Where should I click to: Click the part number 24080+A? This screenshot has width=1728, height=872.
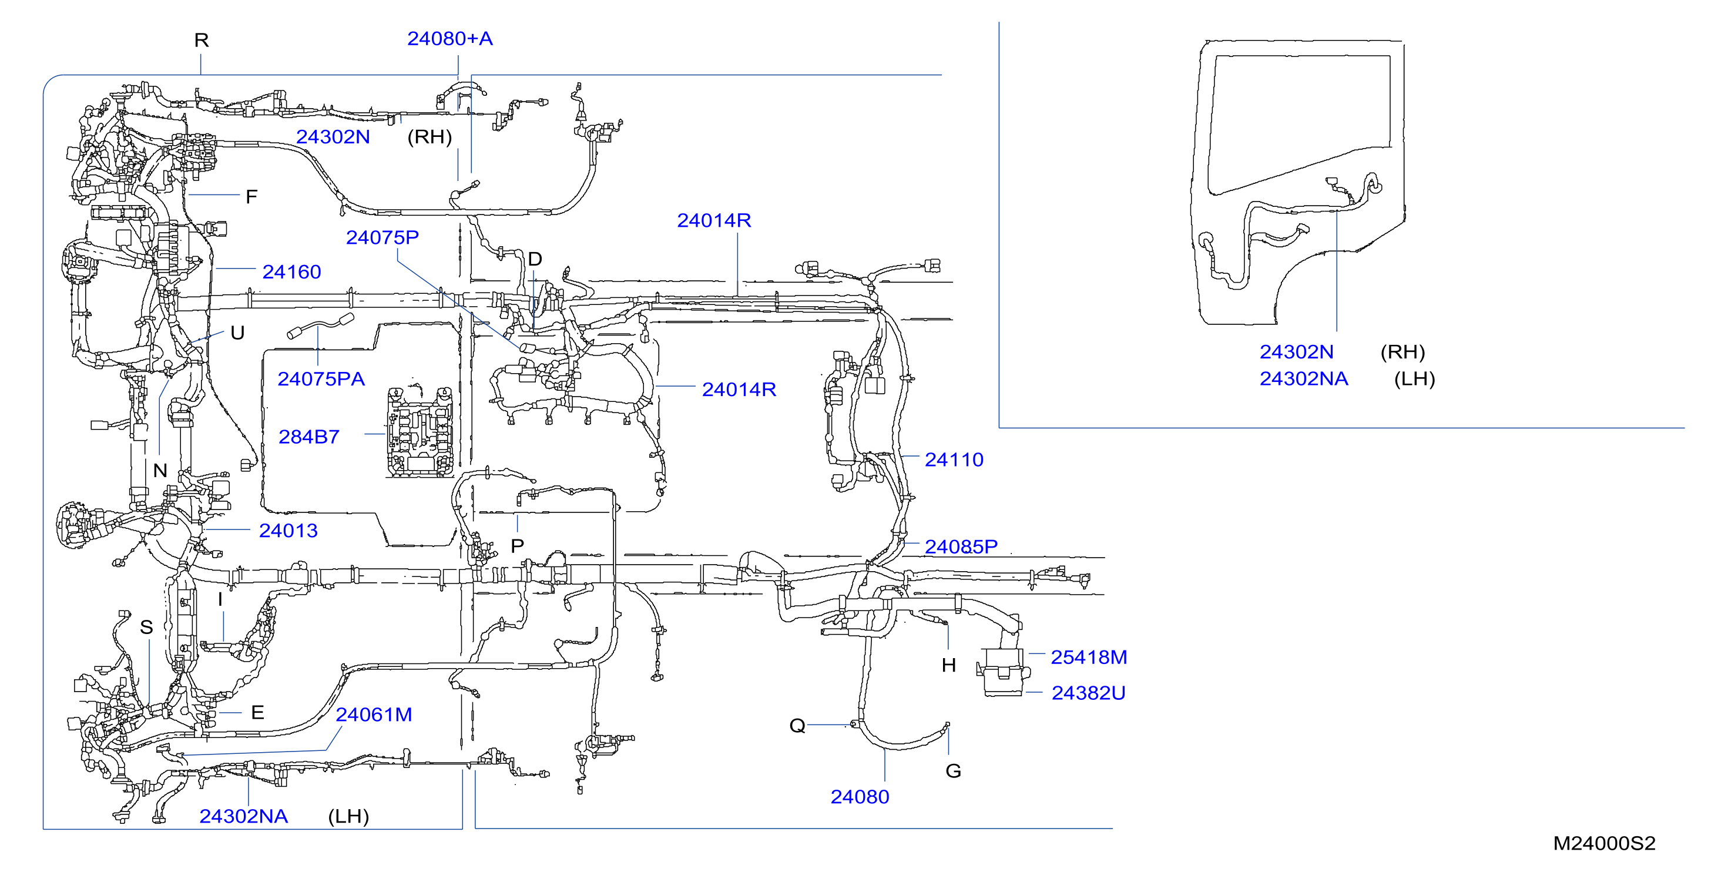coord(450,39)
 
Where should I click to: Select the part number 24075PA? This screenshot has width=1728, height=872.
coord(321,379)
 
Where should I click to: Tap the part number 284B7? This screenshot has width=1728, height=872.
coord(309,437)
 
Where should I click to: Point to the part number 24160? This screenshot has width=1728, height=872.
coord(292,271)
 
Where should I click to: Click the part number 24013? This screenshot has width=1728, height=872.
coord(288,531)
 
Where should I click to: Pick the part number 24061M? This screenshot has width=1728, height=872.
coord(374,715)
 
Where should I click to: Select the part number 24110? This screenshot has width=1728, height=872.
coord(954,460)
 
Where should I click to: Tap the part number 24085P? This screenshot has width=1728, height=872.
coord(961,546)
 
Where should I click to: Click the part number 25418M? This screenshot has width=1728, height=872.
coord(1089,657)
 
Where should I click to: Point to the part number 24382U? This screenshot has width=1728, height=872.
coord(1088,693)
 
